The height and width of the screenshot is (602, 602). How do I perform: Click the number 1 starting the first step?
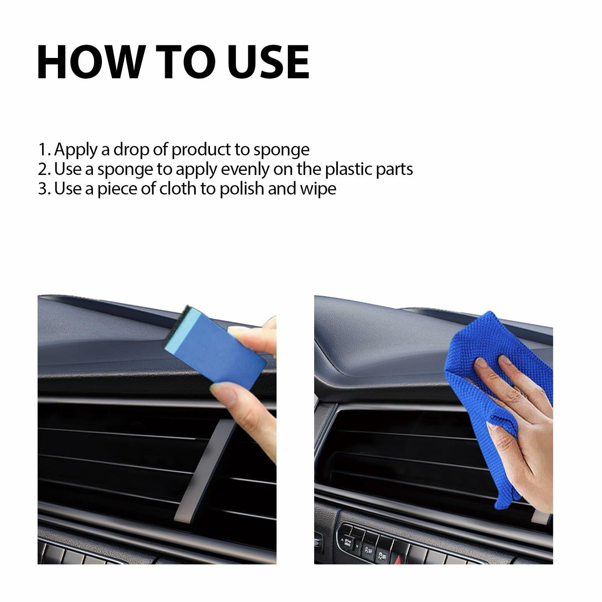click(x=42, y=150)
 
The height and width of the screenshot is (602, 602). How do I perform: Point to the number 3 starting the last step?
click(x=42, y=189)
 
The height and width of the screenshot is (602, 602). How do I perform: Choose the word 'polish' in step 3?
click(x=241, y=189)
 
